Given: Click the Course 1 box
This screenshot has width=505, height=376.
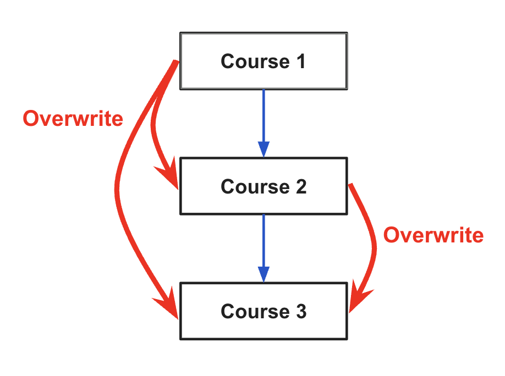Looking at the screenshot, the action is pos(264,61).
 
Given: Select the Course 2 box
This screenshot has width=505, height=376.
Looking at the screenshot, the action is pos(264,186).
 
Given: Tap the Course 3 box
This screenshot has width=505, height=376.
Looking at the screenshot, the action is pos(264,311).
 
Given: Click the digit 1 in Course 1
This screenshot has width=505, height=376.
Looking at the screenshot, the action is pos(301,61).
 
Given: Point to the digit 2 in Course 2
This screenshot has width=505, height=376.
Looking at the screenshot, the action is pos(301,186).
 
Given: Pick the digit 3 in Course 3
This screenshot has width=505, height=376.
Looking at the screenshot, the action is pos(301,311).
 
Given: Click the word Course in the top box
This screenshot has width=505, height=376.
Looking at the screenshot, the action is pos(255,61).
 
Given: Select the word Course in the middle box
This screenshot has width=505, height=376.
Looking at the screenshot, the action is pos(255,186).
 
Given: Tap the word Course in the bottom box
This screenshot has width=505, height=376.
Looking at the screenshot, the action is pos(255,311).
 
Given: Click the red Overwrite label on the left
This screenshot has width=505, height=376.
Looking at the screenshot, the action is pos(73,119).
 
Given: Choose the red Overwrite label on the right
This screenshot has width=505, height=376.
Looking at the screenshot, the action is pos(433,235).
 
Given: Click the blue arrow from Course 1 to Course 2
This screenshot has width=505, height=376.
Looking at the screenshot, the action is pos(264,123).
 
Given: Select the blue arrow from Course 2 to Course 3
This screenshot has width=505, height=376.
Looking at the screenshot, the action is pos(264,248).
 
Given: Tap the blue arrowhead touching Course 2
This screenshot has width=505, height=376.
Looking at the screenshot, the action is pos(264,150).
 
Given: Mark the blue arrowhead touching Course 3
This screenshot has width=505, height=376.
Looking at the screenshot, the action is pos(264,274).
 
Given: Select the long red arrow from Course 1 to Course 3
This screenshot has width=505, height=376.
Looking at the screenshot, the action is pos(117,190).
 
